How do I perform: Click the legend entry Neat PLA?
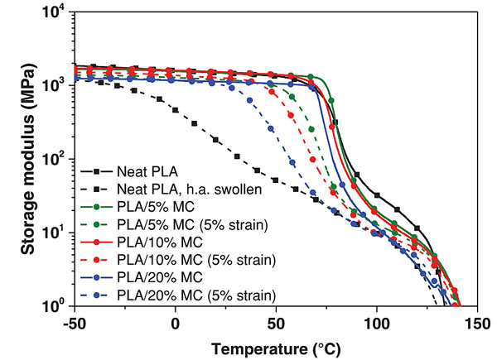148,171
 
